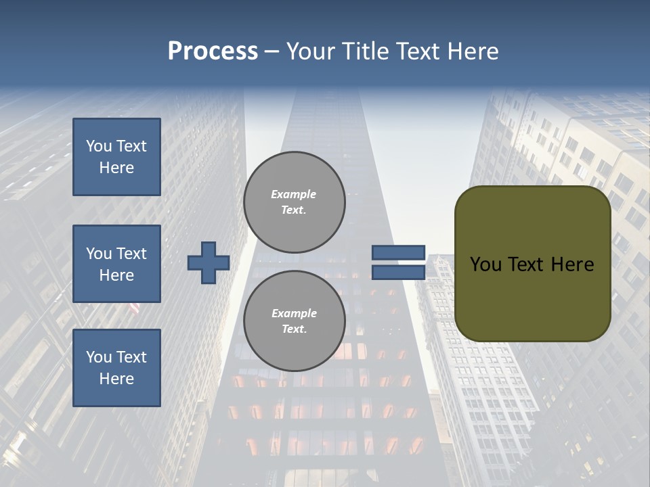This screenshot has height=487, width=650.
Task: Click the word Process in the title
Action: [213, 51]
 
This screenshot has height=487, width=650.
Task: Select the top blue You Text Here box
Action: [116, 157]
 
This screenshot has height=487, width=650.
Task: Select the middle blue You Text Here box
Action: [116, 264]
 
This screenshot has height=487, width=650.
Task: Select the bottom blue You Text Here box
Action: [116, 368]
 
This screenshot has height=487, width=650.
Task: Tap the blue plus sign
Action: [209, 262]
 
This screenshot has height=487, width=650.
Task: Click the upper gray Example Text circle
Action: [294, 202]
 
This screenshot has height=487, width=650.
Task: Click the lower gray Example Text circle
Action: [294, 321]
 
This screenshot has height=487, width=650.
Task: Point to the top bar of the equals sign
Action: [398, 252]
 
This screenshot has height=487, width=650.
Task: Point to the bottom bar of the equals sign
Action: [398, 272]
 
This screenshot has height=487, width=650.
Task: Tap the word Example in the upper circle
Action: [294, 194]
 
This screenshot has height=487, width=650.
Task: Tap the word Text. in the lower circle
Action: [294, 329]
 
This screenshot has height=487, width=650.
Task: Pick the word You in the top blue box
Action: [99, 146]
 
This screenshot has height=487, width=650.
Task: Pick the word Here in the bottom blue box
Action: [116, 379]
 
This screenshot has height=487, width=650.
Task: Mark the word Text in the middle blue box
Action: [131, 254]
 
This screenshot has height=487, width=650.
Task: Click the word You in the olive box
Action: [485, 264]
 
